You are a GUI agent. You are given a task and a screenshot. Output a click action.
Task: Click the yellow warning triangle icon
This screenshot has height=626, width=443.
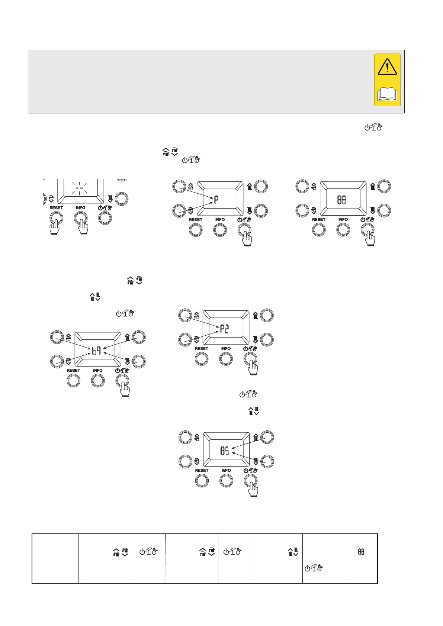tap(387, 67)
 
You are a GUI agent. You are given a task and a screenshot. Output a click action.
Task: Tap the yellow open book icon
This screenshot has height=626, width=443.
tap(387, 94)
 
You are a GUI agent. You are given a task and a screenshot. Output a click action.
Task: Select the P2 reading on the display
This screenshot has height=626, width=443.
tap(224, 329)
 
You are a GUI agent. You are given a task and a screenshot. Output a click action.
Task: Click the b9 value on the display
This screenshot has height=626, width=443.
tap(96, 350)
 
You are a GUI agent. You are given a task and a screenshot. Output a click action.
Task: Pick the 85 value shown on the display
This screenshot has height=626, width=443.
tap(225, 451)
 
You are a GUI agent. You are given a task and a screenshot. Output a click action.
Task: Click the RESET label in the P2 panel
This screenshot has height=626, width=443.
tap(202, 349)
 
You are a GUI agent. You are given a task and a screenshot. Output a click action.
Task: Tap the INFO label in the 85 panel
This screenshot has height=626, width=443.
tap(226, 470)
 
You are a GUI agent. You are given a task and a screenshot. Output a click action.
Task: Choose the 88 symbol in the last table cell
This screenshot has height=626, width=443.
tap(361, 552)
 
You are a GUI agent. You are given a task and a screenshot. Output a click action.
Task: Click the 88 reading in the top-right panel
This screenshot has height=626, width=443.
tap(342, 200)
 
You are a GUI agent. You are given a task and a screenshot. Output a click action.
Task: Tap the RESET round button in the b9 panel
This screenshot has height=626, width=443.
tap(73, 381)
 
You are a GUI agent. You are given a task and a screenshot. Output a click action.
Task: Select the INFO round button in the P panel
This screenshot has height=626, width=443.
tap(220, 230)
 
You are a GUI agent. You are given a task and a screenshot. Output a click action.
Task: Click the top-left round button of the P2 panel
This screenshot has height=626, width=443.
tap(185, 316)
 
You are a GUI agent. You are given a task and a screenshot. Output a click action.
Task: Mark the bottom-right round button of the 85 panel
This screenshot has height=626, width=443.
tap(267, 461)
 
